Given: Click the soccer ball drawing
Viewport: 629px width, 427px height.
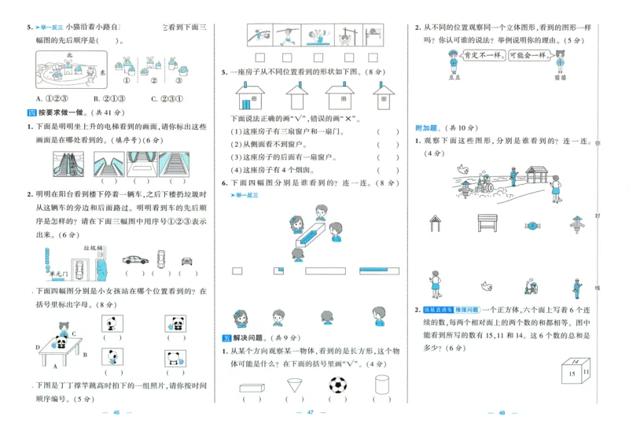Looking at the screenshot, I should tap(338, 386).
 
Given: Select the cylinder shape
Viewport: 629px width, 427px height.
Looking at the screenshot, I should tap(382, 386).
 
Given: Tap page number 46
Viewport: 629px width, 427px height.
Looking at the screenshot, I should tap(116, 413).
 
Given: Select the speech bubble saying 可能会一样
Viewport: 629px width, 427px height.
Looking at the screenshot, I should tap(526, 57).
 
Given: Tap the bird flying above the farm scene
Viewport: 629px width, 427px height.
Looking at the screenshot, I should tap(464, 168).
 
